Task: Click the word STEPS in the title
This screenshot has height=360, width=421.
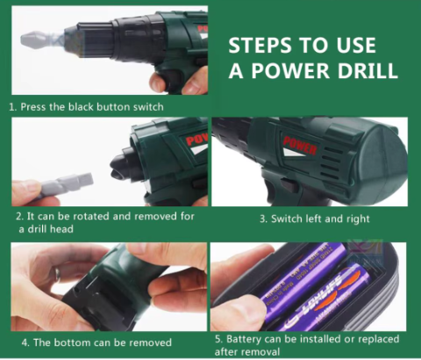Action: click(x=260, y=46)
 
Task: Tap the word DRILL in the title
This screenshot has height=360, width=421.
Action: click(x=367, y=70)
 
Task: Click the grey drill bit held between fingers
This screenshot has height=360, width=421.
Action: click(x=67, y=184)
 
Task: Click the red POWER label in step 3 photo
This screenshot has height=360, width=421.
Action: click(x=300, y=146)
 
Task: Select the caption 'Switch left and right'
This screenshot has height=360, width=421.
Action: click(x=315, y=219)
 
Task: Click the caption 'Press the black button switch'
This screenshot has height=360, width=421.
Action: click(x=86, y=107)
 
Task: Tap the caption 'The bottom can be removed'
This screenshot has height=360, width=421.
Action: click(x=96, y=342)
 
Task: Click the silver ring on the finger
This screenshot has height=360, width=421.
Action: click(x=57, y=273)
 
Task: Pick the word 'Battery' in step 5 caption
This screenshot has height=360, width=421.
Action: click(x=244, y=339)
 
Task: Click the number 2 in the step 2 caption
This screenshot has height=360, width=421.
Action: click(x=19, y=217)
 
